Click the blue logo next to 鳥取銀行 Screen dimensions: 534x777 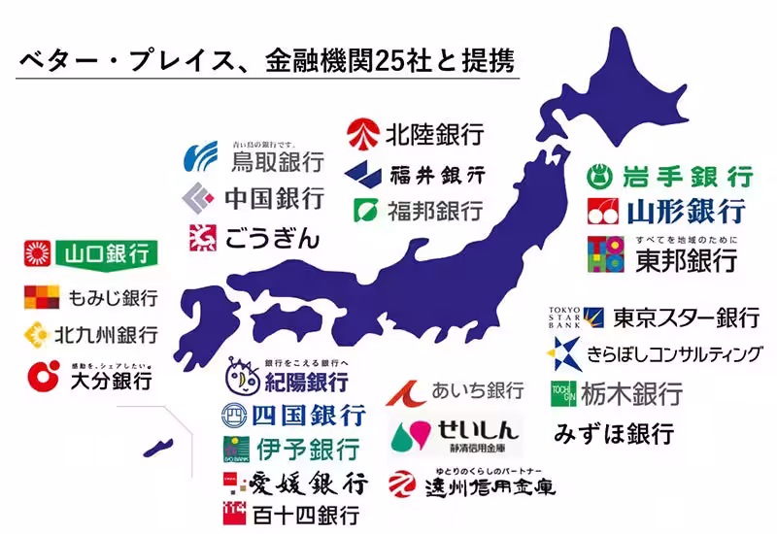click(203, 156)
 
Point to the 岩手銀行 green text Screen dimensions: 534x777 click(687, 177)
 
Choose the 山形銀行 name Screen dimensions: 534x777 click(686, 210)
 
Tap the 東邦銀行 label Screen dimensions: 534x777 click(686, 259)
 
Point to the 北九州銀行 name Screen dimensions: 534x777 click(106, 336)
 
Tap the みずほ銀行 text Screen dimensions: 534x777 click(614, 433)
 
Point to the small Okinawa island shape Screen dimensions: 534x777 click(155, 449)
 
